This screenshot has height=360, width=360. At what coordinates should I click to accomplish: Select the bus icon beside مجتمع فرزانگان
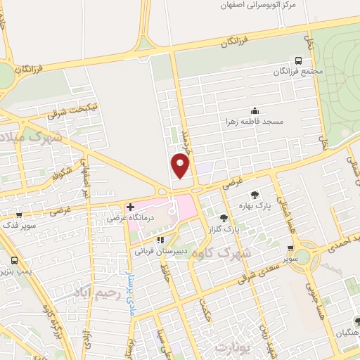(299, 60)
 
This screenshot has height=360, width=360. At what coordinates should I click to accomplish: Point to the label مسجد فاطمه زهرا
(253, 122)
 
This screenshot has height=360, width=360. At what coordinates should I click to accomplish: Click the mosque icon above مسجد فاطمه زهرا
(255, 110)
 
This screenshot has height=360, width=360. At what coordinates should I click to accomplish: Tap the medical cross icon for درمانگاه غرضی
(130, 207)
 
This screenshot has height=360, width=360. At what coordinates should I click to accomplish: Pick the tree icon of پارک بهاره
(254, 194)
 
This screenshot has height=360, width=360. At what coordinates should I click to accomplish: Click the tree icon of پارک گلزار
(224, 219)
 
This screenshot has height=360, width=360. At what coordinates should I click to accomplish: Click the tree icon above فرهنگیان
(356, 321)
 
